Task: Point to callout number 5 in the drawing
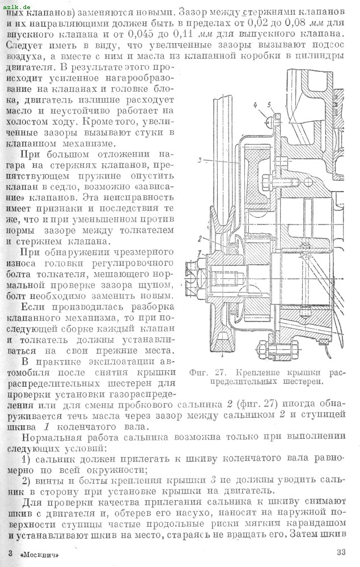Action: [270, 105]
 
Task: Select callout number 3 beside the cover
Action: [201, 160]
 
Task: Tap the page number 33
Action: [341, 553]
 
